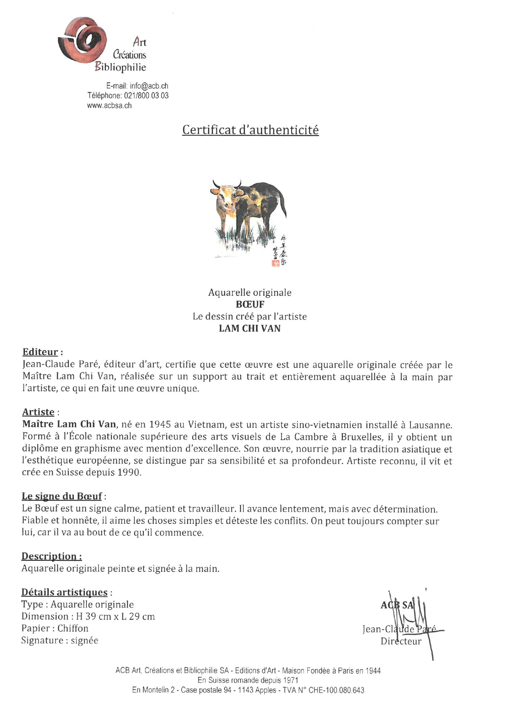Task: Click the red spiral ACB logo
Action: [x=82, y=40]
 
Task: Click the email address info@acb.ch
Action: [x=149, y=86]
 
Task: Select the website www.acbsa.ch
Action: [x=109, y=106]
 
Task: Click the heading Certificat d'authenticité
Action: [x=250, y=130]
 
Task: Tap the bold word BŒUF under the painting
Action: [x=250, y=304]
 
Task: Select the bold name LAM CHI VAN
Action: [x=250, y=328]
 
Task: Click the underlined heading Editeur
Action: [x=40, y=352]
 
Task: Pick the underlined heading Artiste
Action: [x=38, y=412]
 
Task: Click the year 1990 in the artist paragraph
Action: [x=129, y=472]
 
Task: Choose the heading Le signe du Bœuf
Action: [x=61, y=496]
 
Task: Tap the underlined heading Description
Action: [x=51, y=556]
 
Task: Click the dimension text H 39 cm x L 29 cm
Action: [x=115, y=616]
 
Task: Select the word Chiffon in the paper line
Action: [x=73, y=628]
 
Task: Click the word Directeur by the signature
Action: [x=401, y=641]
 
